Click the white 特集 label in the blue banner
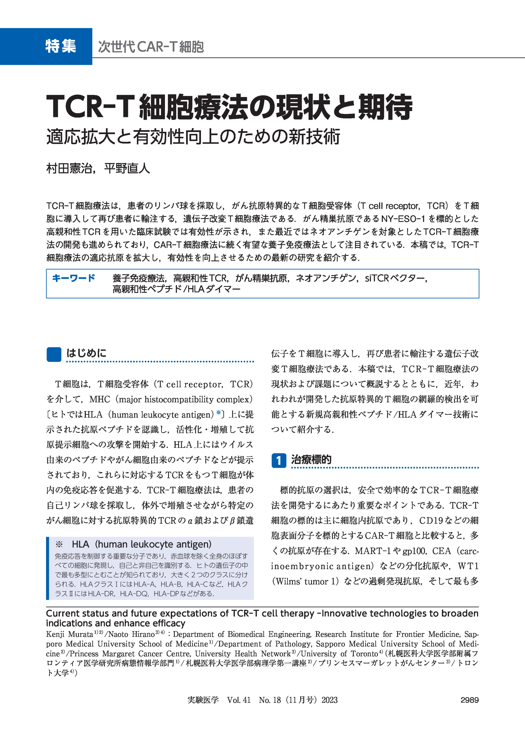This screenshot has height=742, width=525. click(61, 46)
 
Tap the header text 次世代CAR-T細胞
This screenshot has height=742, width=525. click(151, 47)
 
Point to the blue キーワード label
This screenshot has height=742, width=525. click(74, 278)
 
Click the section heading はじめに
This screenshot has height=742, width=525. click(86, 353)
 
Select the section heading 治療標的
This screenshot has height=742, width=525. click(311, 459)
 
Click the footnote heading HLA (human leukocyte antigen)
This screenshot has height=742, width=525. click(142, 544)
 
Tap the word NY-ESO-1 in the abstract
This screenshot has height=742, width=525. click(403, 219)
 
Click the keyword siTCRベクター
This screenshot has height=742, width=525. click(396, 278)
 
